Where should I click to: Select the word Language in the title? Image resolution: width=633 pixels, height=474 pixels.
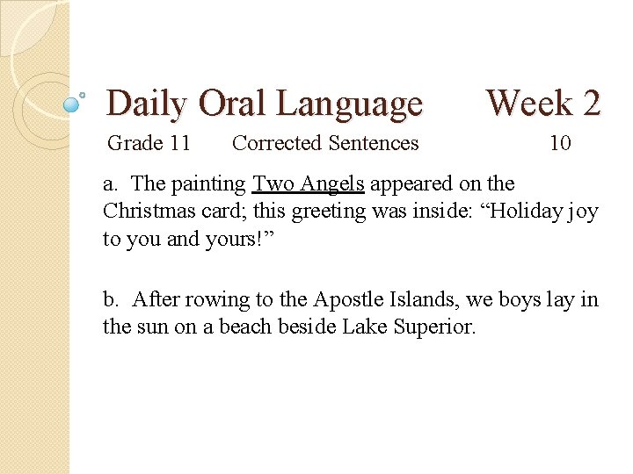[349, 104]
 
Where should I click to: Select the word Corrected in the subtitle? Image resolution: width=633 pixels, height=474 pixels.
[277, 142]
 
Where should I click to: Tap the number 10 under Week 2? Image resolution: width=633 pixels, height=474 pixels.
[560, 142]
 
